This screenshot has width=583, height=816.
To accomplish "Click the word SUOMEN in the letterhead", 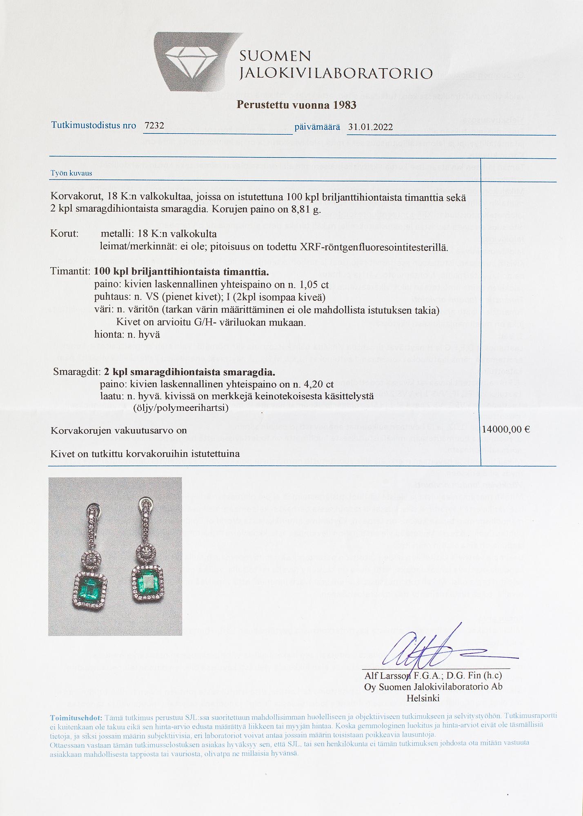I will point(275,56).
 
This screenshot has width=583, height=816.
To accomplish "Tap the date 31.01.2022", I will point(370,127).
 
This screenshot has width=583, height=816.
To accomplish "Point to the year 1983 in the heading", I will point(345,105).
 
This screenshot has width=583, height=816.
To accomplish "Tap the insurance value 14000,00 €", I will point(506,430).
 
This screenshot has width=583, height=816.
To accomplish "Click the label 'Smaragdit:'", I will point(77,373).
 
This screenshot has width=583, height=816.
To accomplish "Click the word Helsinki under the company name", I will point(423,698).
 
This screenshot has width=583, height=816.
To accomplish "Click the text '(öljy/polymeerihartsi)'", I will point(180,408).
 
